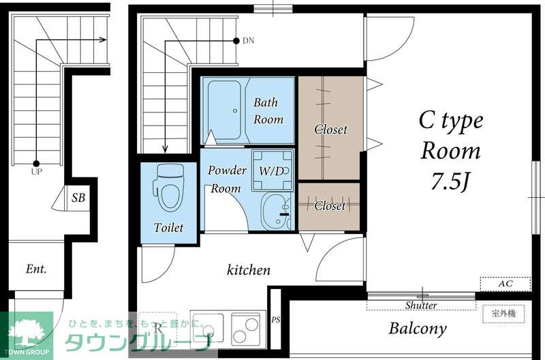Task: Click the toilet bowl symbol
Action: pos(168,188)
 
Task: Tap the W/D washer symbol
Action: pos(272,170)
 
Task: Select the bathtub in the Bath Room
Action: pos(225,110)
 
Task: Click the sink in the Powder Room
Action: pos(276,211)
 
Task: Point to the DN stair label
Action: pos(248,41)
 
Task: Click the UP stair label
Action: pos(36,172)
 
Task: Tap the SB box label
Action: pos(78,198)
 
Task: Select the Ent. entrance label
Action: pos(36,269)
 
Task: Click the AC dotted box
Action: pos(505,284)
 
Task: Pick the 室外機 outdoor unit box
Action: pos(503,314)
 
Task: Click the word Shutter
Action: pos(421,305)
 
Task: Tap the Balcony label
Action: pos(418,329)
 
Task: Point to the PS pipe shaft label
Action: pos(276,320)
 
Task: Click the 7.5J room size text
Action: pos(450,181)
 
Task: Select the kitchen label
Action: pos(249,269)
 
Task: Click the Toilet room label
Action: pos(168,228)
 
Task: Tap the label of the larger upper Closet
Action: pos(330,129)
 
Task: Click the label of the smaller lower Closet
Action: pos(330,205)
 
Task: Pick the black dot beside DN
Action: pos(236,41)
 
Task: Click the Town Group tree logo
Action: pos(26,333)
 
